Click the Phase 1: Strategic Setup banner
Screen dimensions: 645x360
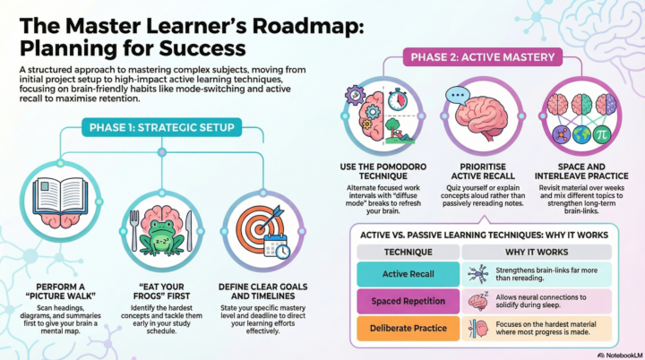point(161,127)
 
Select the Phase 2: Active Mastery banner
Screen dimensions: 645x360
point(483,57)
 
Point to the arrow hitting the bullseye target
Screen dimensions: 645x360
point(271,217)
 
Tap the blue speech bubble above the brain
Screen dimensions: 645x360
point(458,96)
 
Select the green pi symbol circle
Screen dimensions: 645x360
point(602,134)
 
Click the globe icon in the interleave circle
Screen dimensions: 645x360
point(581,134)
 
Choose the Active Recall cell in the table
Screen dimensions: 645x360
point(408,274)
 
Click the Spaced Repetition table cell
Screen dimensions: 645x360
point(408,301)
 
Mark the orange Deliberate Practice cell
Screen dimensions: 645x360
point(408,329)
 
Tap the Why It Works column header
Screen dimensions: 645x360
point(537,252)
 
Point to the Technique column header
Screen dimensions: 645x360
point(408,252)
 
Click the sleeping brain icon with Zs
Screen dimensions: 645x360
point(478,302)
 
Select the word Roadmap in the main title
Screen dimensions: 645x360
point(308,25)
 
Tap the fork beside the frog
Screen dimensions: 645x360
point(134,230)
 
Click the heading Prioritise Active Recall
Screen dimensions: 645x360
point(483,172)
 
